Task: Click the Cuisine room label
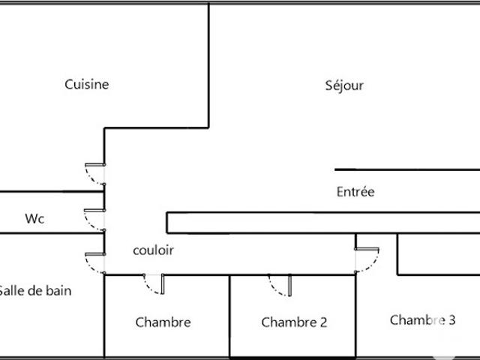87,85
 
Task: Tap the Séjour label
344,85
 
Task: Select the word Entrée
355,192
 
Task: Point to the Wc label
34,218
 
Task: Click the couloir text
153,250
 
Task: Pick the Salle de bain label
35,290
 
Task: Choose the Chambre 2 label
294,322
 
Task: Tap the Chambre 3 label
422,320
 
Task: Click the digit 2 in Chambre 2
323,322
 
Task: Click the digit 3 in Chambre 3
451,320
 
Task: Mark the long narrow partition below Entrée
323,223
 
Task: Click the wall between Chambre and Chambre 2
229,316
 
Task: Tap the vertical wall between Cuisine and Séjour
208,66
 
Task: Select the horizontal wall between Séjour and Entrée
407,169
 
